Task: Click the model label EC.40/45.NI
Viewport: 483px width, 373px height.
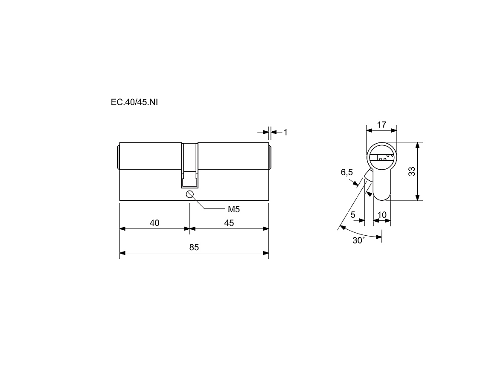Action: (134, 102)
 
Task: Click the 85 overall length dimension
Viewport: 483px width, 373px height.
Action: (194, 247)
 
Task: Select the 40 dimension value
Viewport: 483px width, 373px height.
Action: (154, 223)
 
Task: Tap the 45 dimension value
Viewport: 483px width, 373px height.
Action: (229, 223)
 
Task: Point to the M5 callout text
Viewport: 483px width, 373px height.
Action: (234, 210)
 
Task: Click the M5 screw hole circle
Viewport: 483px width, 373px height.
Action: (190, 194)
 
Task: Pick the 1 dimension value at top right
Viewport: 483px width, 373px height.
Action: (285, 132)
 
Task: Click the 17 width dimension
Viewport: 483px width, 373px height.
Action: (381, 124)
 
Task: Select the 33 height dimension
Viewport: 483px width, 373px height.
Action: (412, 171)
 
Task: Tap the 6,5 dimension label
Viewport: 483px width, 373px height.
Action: (347, 172)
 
